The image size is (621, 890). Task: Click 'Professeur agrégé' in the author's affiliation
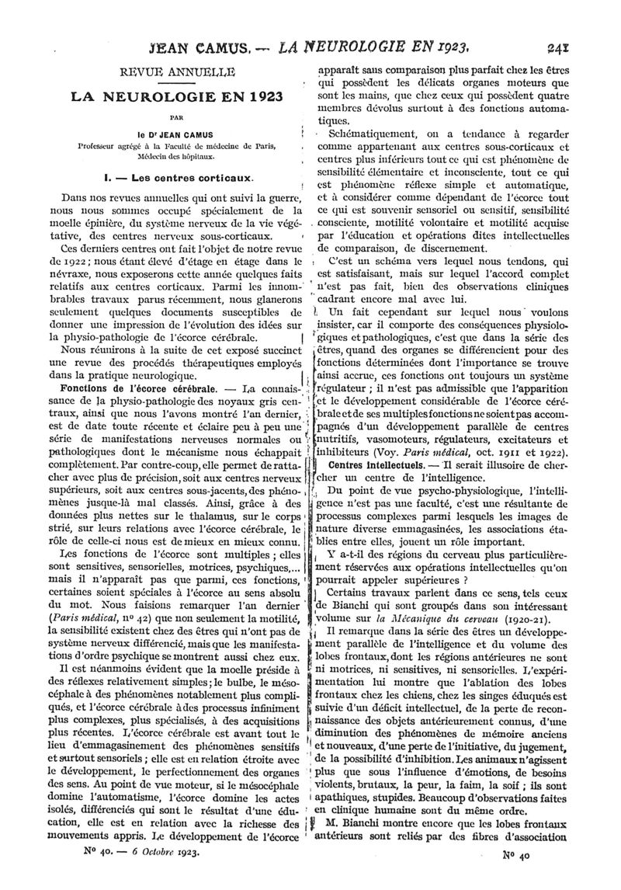tap(83, 146)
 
